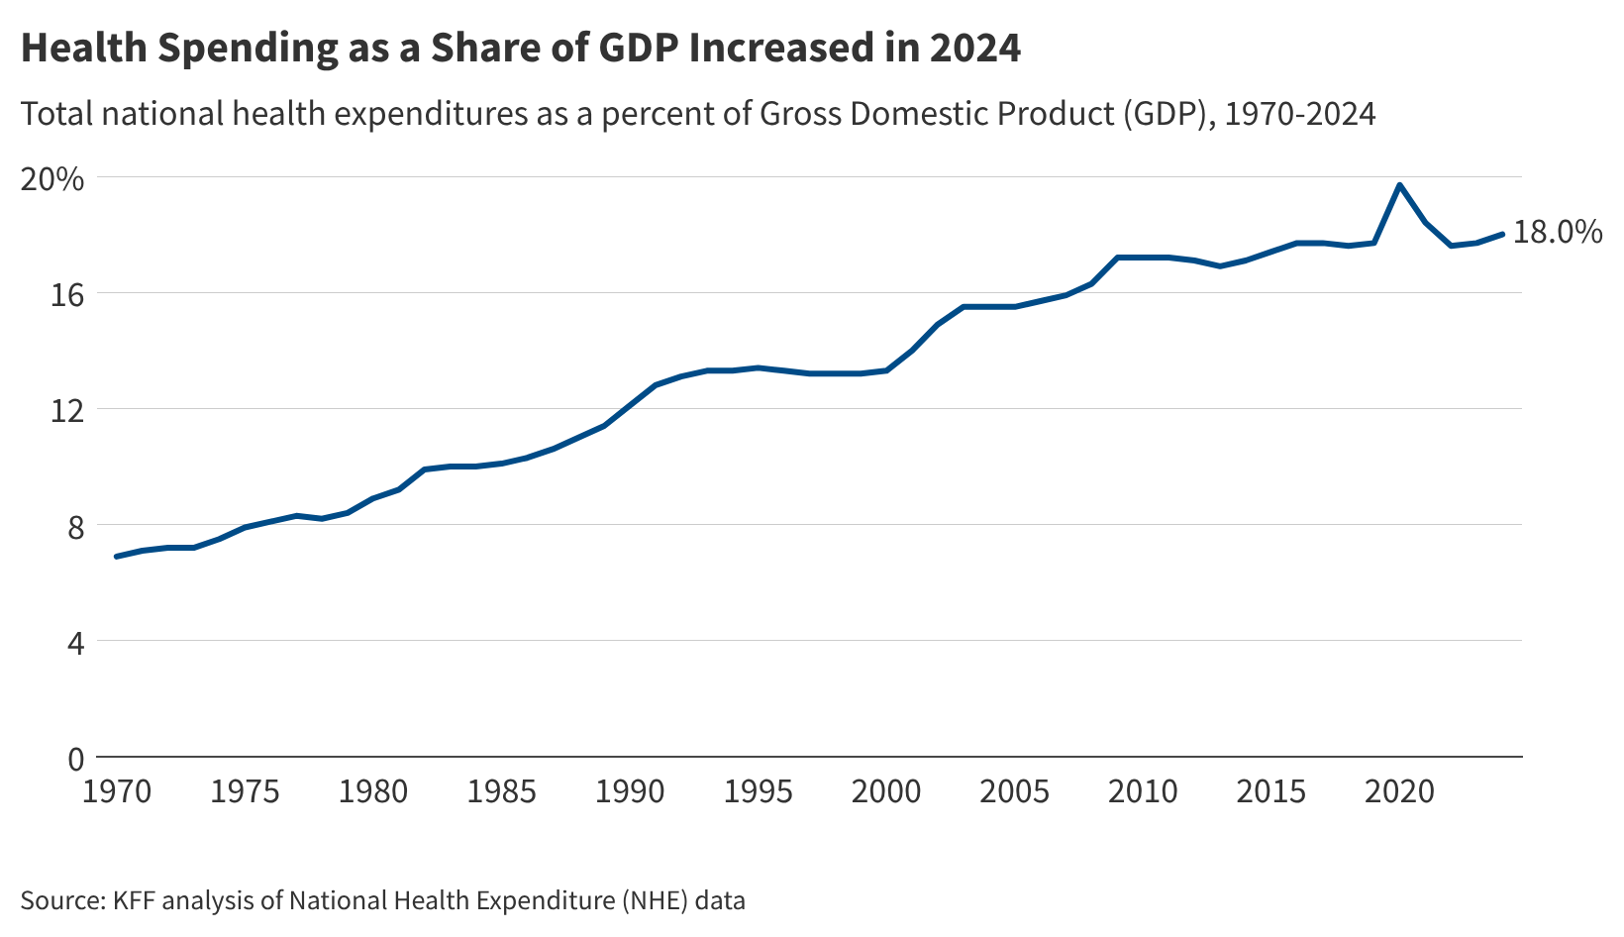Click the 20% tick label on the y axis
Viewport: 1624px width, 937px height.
51,179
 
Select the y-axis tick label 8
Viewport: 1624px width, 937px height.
75,527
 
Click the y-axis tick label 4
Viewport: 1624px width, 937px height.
75,643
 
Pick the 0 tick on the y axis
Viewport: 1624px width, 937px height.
75,759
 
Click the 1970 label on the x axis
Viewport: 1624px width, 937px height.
117,791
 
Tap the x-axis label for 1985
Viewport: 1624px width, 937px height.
501,791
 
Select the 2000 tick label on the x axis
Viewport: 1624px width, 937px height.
886,791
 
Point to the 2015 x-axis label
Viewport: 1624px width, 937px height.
1270,791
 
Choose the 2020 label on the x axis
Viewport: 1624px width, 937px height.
1399,791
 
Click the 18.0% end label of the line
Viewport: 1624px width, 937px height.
1558,233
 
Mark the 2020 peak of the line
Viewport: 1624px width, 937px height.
1399,184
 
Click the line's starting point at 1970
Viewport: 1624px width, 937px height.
117,557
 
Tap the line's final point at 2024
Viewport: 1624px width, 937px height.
1502,234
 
